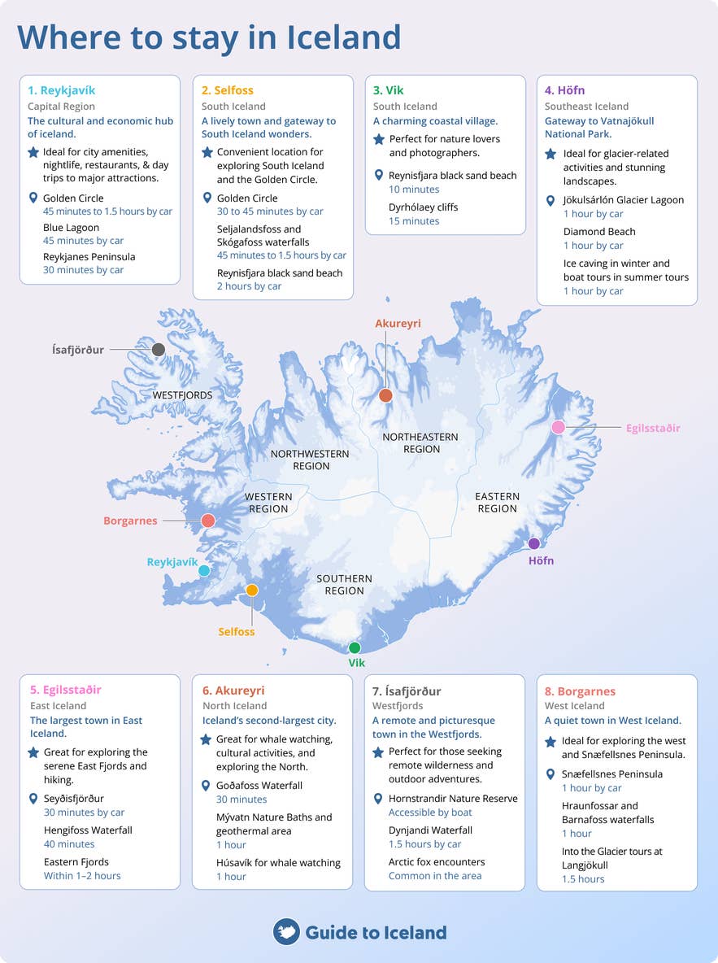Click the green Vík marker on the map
pyautogui.click(x=355, y=648)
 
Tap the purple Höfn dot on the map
pyautogui.click(x=534, y=543)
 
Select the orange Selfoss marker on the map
pyautogui.click(x=252, y=590)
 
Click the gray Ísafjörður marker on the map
pyautogui.click(x=159, y=350)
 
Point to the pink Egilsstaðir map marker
pyautogui.click(x=559, y=427)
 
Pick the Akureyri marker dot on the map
pyautogui.click(x=386, y=395)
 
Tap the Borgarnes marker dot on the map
pyautogui.click(x=208, y=521)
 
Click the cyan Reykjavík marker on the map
pyautogui.click(x=204, y=571)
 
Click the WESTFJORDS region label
pyautogui.click(x=183, y=396)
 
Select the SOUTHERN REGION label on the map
pyautogui.click(x=345, y=585)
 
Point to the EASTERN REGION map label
pyautogui.click(x=498, y=503)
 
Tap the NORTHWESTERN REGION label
pyautogui.click(x=311, y=460)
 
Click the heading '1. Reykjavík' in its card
pyautogui.click(x=62, y=90)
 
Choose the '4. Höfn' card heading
pyautogui.click(x=565, y=90)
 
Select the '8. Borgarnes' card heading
pyautogui.click(x=580, y=691)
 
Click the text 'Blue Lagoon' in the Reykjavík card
pyautogui.click(x=72, y=229)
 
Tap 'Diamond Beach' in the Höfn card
pyautogui.click(x=599, y=232)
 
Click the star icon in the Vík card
pyautogui.click(x=379, y=140)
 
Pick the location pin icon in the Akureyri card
pyautogui.click(x=206, y=786)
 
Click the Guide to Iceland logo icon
pyautogui.click(x=286, y=932)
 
